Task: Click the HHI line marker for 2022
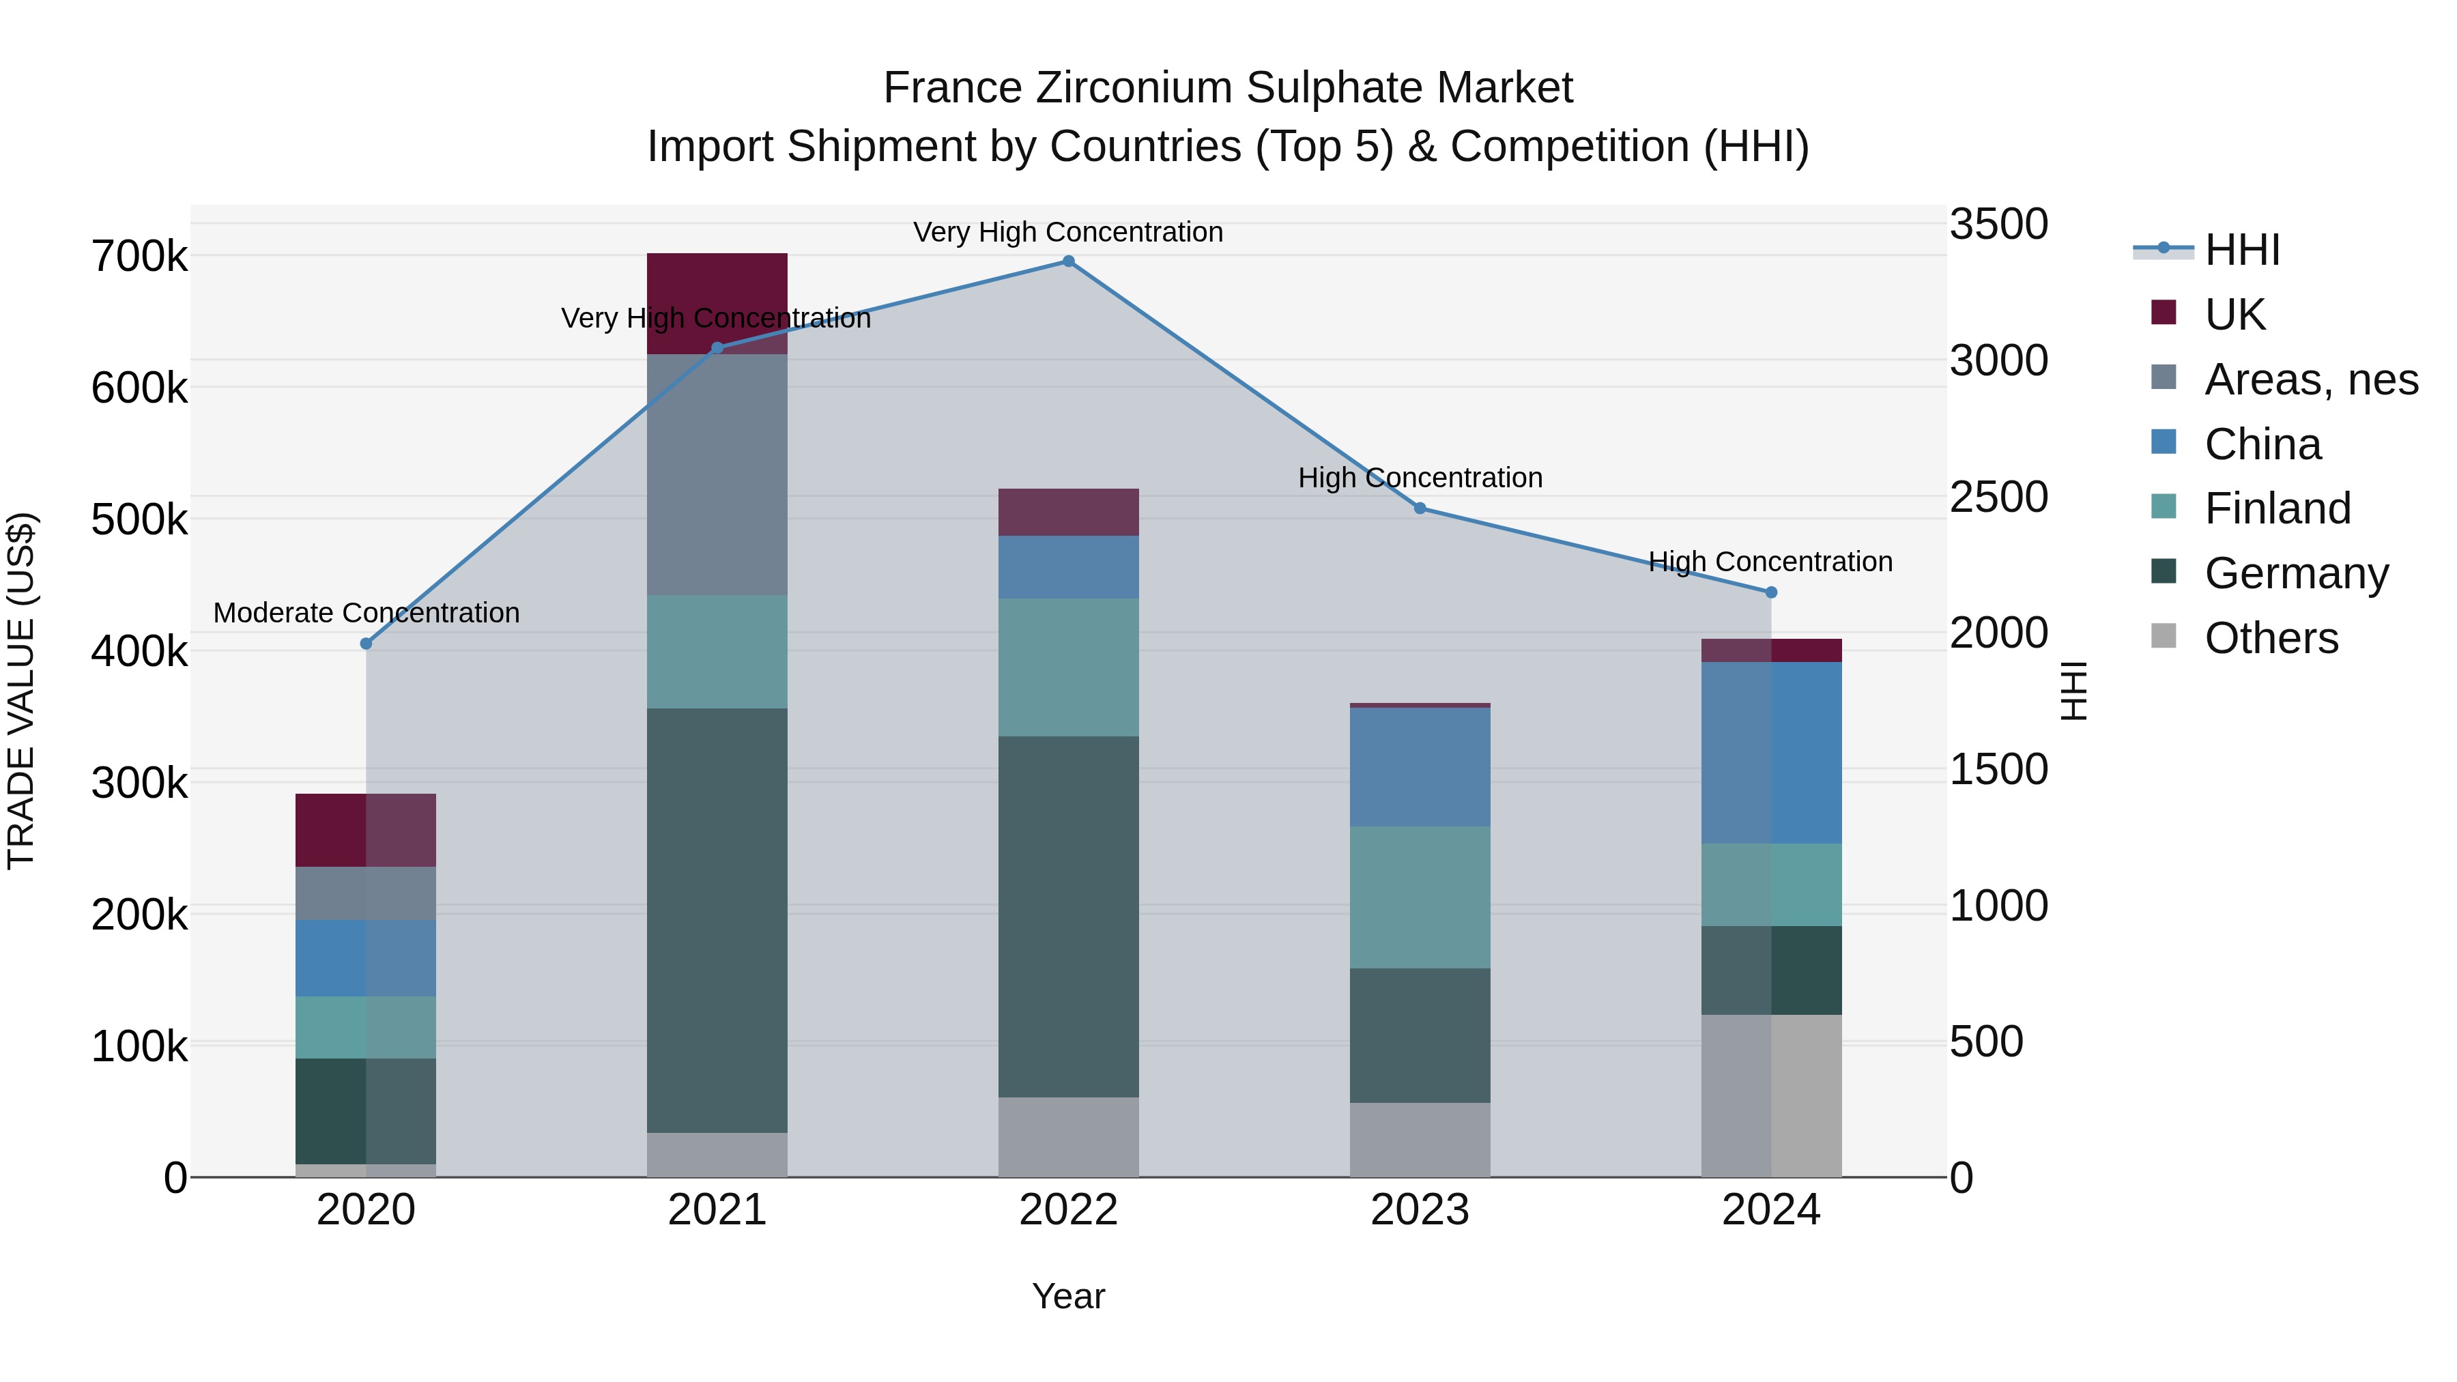click(1068, 261)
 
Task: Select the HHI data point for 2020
click(367, 644)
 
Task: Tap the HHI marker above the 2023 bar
click(1420, 508)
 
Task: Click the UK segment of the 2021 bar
click(717, 286)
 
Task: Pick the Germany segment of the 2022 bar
click(1068, 916)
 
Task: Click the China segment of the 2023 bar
click(1420, 767)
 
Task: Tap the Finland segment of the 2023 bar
click(1420, 897)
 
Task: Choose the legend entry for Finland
click(2277, 508)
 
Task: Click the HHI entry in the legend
click(2241, 250)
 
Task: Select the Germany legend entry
click(2296, 573)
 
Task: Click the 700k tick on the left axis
click(139, 257)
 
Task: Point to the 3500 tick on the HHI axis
click(1998, 224)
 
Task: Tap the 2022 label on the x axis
click(1068, 1210)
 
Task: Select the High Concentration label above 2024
click(1770, 562)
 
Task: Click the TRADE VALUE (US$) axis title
click(21, 691)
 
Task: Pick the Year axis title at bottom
click(1068, 1296)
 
